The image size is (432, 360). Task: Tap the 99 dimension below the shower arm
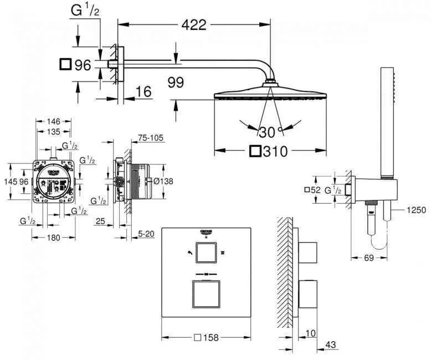(x=176, y=83)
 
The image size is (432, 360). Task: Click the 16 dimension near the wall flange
(x=143, y=92)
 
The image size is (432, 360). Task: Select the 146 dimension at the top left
(x=53, y=121)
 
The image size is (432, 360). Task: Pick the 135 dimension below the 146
(x=53, y=131)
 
